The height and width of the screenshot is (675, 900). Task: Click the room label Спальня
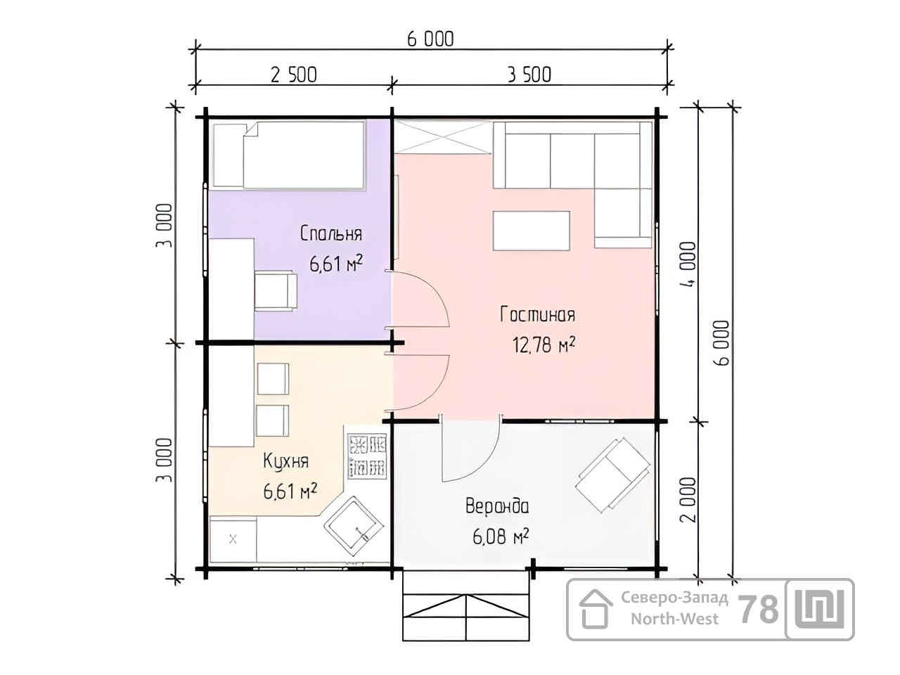331,233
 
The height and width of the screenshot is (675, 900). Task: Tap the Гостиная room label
538,314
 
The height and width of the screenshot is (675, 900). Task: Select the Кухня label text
285,461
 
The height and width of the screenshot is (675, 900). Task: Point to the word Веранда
497,506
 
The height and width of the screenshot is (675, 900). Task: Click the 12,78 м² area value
544,345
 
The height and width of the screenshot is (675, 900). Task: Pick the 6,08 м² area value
501,536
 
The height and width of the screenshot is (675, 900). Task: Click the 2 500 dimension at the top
294,75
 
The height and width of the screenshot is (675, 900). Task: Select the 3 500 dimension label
529,75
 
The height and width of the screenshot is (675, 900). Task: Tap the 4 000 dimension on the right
689,265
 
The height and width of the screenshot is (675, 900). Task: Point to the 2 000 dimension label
689,500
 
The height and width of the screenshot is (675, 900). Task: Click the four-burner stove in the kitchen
367,456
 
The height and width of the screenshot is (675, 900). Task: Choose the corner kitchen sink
354,527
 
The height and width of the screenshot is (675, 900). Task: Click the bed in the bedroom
289,155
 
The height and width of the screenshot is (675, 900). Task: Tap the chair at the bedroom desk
276,290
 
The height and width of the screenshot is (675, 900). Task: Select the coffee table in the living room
532,231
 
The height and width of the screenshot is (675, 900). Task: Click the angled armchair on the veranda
612,475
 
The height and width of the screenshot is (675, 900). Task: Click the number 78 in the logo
758,610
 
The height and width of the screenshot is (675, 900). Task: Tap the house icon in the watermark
596,609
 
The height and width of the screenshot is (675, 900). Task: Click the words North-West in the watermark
674,619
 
